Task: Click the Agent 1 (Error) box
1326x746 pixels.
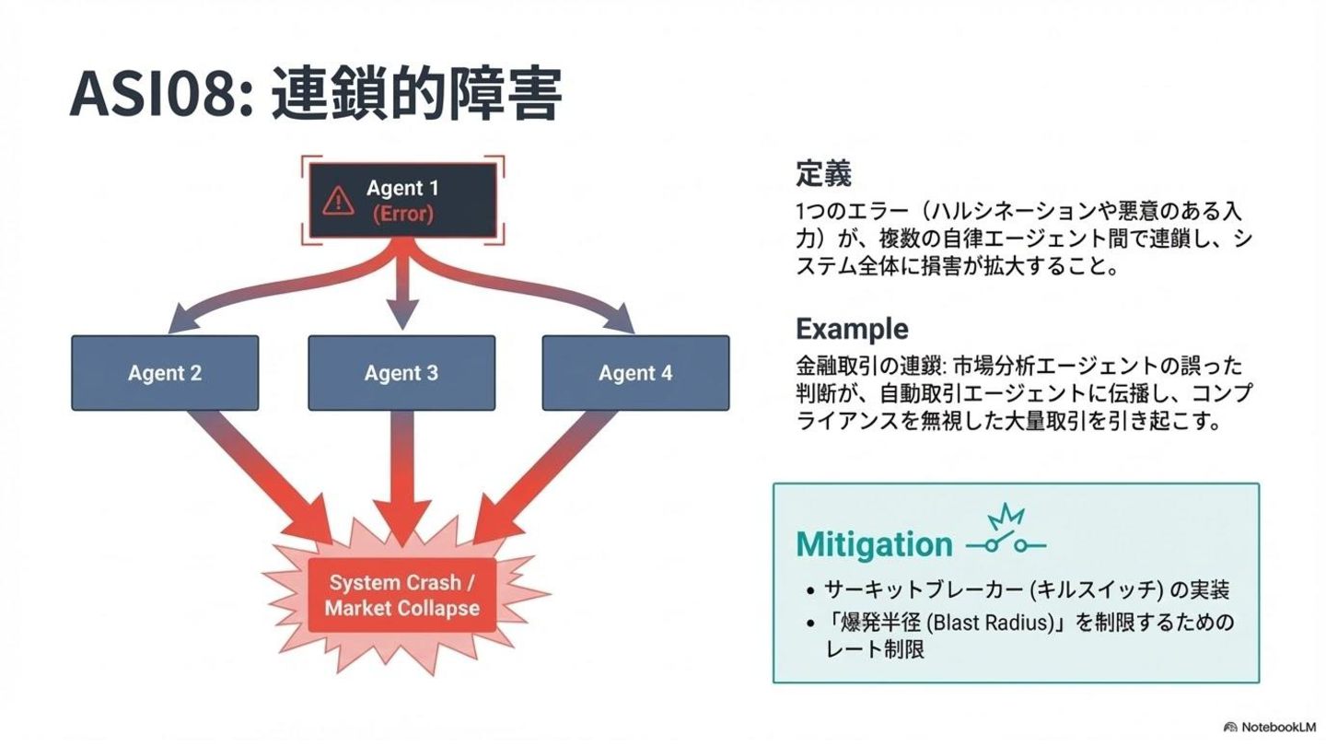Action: [x=402, y=201]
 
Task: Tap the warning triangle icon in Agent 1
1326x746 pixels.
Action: [x=338, y=201]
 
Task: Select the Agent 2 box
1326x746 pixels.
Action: [x=165, y=373]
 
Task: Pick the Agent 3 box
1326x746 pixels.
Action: [x=401, y=373]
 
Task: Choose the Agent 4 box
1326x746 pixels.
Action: [x=635, y=373]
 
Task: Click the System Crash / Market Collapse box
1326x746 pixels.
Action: [x=402, y=595]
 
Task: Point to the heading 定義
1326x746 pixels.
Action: [x=823, y=173]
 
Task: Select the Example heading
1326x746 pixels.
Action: [x=852, y=329]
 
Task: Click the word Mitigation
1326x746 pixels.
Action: [x=874, y=544]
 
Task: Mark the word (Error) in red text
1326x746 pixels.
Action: [x=402, y=214]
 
